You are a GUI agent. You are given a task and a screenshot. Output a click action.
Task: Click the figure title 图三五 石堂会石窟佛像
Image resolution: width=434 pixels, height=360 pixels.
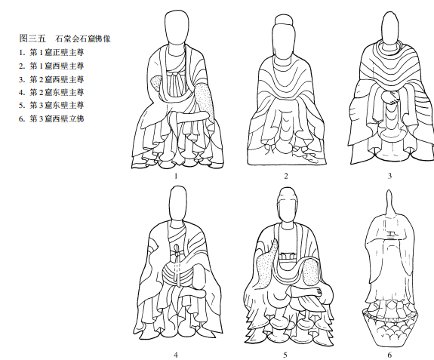click(65, 38)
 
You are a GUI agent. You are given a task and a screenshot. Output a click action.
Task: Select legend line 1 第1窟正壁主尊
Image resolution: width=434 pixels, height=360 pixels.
click(51, 52)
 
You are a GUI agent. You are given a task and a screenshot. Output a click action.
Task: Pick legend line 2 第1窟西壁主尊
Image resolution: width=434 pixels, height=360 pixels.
click(51, 66)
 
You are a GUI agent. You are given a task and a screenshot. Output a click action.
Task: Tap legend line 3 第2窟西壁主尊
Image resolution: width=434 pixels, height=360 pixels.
click(51, 79)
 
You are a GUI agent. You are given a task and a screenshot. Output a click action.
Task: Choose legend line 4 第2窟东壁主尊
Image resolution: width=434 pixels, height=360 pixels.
click(51, 92)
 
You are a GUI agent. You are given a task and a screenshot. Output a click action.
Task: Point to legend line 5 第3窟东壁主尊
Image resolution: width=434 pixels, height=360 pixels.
click(51, 105)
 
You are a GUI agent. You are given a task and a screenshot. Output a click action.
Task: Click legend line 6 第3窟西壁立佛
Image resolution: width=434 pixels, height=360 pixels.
click(51, 118)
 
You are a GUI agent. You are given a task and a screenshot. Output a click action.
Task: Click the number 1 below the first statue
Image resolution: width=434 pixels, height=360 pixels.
click(175, 176)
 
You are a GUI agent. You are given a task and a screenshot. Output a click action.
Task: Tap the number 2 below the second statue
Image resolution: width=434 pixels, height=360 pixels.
click(286, 176)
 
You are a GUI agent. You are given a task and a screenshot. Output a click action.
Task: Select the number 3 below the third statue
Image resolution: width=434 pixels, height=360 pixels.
click(389, 176)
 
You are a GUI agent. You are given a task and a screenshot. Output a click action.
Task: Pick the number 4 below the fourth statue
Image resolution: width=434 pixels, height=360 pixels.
click(175, 355)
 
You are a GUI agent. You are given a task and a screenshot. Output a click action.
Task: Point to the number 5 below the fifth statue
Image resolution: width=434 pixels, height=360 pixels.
click(285, 355)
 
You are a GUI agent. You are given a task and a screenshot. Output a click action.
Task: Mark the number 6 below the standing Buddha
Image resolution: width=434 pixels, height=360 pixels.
click(389, 355)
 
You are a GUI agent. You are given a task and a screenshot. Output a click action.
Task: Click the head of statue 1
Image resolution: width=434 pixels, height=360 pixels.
click(177, 30)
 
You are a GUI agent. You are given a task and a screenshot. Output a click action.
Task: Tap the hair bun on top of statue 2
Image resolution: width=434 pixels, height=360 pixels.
click(284, 20)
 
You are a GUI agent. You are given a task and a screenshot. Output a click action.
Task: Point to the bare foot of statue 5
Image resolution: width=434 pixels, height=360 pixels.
click(306, 292)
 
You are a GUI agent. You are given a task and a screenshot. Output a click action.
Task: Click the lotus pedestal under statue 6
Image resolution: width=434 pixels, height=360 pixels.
click(389, 327)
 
